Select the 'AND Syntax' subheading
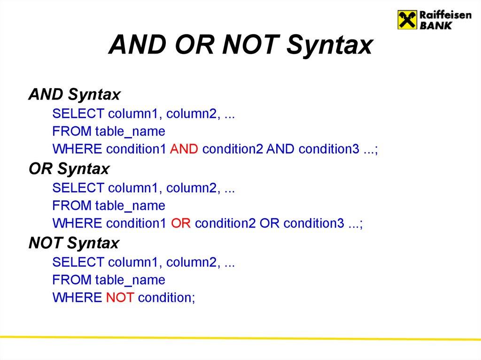coord(74,95)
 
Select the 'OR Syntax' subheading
coord(69,169)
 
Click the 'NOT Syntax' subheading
coord(74,243)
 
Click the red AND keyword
coord(185,150)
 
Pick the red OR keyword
coord(180,224)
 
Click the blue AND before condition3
coord(281,150)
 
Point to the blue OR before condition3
coord(269,224)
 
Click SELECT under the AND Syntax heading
coord(78,114)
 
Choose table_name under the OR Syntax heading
coord(130,206)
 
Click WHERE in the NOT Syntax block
coord(77,298)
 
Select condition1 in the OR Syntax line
coord(136,224)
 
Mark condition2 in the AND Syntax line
coord(233,150)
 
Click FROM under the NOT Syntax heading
coord(72,280)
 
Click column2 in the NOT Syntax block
coord(195,262)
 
